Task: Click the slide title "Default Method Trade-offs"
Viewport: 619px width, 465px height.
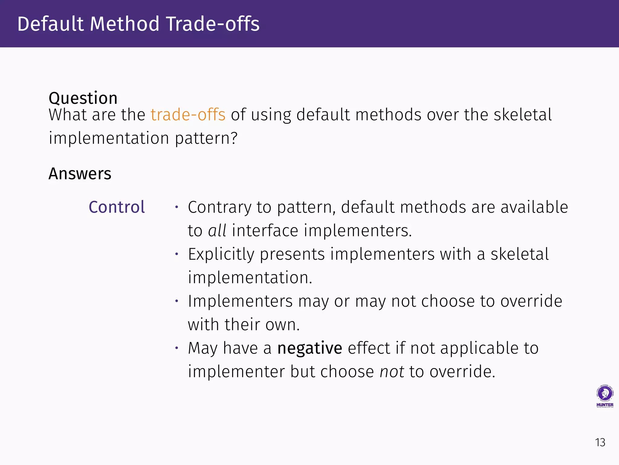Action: click(138, 24)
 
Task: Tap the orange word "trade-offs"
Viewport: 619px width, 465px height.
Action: click(188, 115)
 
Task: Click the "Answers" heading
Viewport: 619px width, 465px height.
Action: click(80, 173)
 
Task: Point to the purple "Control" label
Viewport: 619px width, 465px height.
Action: click(117, 207)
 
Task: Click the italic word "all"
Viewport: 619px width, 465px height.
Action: click(217, 231)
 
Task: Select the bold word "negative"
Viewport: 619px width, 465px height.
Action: click(310, 348)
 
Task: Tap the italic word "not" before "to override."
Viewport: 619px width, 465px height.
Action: click(392, 371)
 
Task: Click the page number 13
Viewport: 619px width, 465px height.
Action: click(600, 443)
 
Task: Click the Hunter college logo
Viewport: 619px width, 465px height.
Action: click(605, 396)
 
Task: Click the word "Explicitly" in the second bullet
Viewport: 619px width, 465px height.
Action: click(221, 254)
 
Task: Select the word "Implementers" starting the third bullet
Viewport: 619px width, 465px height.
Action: click(240, 302)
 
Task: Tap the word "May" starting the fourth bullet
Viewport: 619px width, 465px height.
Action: click(203, 348)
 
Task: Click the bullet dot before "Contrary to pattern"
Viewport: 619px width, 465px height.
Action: click(177, 207)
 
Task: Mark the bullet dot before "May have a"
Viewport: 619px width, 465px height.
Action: click(177, 348)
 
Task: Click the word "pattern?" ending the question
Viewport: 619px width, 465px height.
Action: click(206, 138)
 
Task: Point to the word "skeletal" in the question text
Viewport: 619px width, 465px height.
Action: click(523, 115)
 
